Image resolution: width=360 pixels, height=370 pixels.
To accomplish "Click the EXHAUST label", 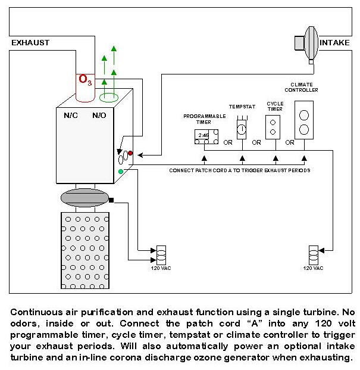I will [x=30, y=43].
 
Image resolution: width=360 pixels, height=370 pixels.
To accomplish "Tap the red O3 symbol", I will [x=85, y=80].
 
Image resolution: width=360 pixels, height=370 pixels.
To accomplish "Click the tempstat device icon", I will [x=242, y=128].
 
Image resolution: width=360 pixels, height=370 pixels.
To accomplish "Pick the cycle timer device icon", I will [x=273, y=127].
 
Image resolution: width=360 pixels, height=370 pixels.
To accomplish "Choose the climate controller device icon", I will [x=304, y=120].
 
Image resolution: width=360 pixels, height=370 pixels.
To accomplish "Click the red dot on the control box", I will [x=130, y=154].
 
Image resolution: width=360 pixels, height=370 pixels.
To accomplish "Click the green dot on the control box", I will [x=121, y=172].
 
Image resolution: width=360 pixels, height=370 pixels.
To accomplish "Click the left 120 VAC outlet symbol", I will [x=160, y=254].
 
